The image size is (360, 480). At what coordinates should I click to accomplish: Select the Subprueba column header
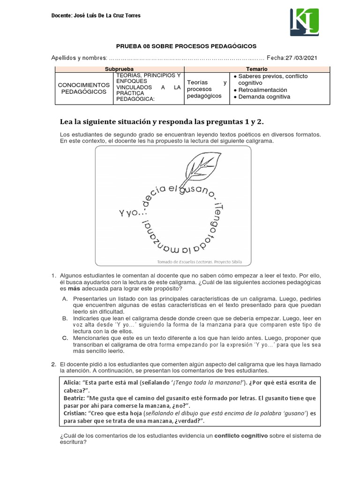coord(120,69)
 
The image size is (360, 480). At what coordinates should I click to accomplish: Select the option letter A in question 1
coord(65,299)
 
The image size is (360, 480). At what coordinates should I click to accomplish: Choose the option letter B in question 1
coord(65,318)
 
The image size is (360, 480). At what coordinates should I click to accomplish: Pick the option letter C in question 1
coord(65,337)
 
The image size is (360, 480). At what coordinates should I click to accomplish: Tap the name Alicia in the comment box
coord(72,382)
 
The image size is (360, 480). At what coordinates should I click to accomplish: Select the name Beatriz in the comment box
coord(74,398)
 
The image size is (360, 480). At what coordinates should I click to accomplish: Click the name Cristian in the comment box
coord(75,413)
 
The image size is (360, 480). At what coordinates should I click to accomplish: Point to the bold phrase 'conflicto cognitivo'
coord(241,435)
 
